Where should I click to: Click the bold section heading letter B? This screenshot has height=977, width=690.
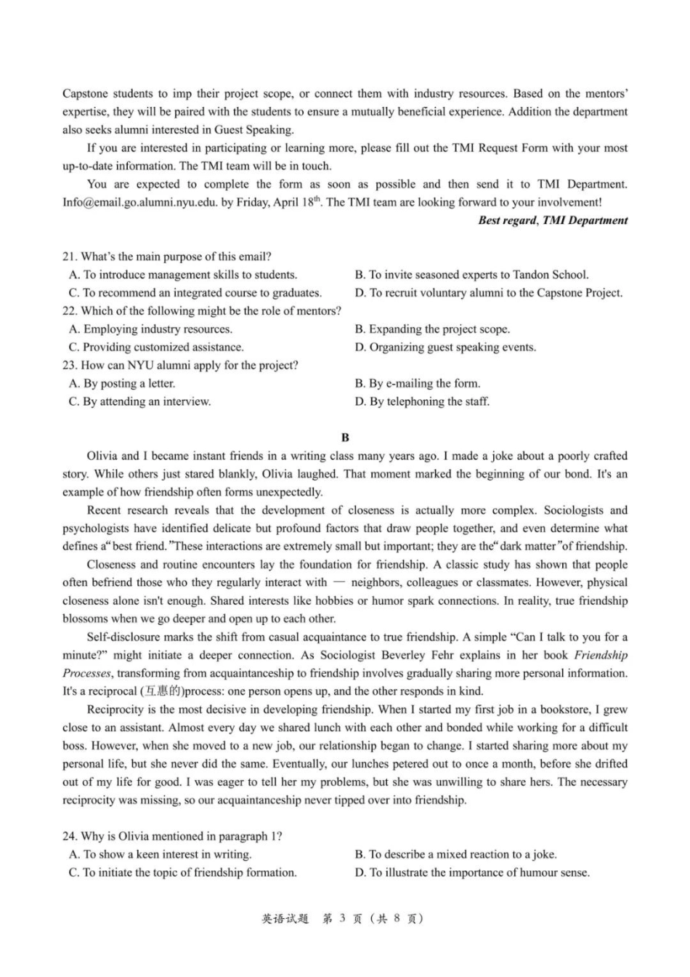coord(345,438)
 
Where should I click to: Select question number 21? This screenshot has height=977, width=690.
coord(70,257)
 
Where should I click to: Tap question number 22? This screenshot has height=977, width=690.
coord(70,311)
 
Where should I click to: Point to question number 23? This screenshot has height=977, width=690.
coord(70,366)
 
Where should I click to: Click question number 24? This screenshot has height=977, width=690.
coord(70,837)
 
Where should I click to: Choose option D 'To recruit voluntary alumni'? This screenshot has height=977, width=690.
coord(488,293)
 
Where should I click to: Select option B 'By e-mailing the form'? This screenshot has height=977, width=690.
coord(418,384)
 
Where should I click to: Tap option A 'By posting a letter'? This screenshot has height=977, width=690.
coord(122,384)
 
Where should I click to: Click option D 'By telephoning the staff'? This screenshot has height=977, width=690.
coord(422,402)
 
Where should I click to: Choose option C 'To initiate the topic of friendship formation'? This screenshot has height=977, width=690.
coord(182,873)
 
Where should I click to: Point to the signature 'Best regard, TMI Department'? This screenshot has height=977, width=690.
coord(553,220)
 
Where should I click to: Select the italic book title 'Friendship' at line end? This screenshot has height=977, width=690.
coord(601,655)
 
